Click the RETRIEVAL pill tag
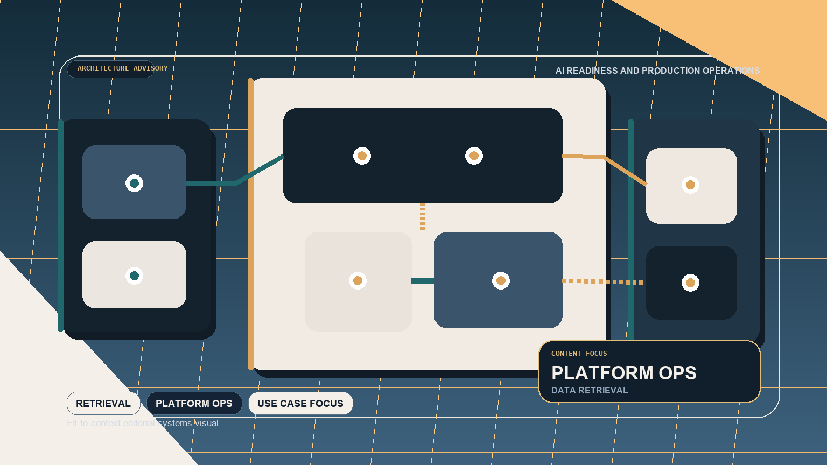(103, 404)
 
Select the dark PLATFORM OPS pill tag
(194, 404)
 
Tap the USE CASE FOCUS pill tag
(300, 404)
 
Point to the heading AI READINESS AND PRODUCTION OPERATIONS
(657, 71)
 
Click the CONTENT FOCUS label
(579, 354)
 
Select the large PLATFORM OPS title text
(624, 373)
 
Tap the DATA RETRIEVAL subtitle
(590, 390)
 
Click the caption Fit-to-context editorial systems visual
(143, 424)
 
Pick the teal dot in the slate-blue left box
(134, 184)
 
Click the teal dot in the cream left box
(134, 276)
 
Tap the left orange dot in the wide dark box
(362, 156)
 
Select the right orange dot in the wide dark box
(474, 156)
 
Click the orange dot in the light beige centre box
(358, 281)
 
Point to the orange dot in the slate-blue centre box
(501, 281)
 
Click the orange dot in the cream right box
(690, 185)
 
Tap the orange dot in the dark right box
(690, 283)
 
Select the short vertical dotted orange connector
(423, 216)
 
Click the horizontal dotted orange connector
(603, 281)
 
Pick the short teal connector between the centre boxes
(423, 281)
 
